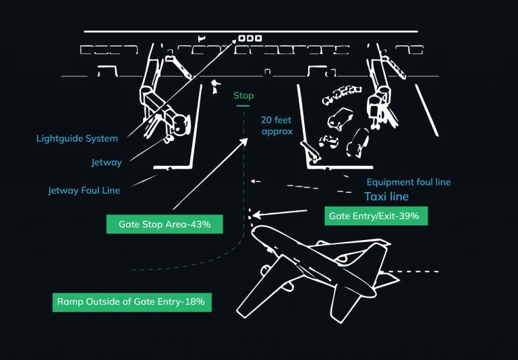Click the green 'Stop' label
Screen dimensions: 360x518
click(243, 96)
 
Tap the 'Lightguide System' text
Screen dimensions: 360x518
click(77, 139)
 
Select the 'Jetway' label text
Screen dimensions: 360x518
click(107, 162)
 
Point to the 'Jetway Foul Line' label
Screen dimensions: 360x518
click(84, 190)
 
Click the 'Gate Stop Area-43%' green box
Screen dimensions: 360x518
click(165, 224)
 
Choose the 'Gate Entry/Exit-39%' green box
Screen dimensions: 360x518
click(376, 216)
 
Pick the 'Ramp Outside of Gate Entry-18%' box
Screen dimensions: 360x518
click(132, 301)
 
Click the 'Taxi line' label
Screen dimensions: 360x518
click(386, 197)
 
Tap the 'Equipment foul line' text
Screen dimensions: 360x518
click(408, 182)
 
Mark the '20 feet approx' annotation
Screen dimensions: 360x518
click(277, 126)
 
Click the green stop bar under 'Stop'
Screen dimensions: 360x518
click(243, 107)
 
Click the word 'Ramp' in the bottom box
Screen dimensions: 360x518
click(70, 301)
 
